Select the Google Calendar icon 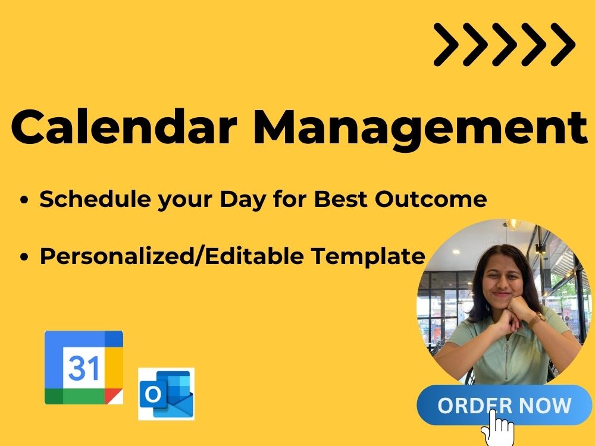[x=84, y=368]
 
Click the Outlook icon [x=166, y=393]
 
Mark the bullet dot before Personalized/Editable [x=24, y=257]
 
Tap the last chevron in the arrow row [x=562, y=45]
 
